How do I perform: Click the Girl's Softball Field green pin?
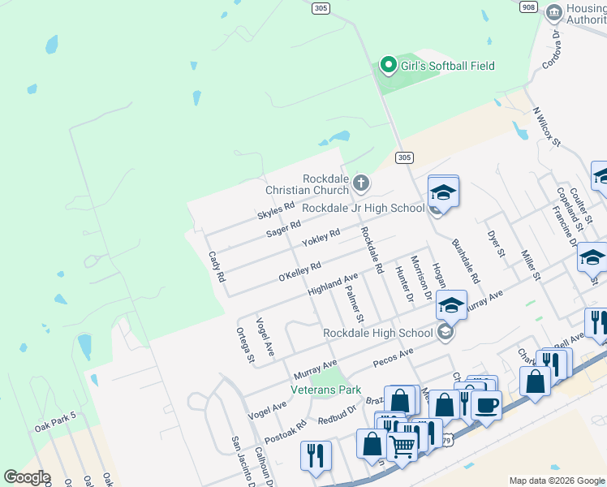click(x=389, y=65)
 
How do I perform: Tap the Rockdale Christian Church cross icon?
click(x=361, y=183)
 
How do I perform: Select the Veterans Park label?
click(x=331, y=390)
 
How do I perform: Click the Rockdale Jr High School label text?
click(x=363, y=208)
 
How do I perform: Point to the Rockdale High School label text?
click(x=377, y=332)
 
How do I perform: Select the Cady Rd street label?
click(x=217, y=265)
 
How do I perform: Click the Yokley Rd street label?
click(x=321, y=238)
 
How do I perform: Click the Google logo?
click(x=27, y=477)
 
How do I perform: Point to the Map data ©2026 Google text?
click(x=556, y=481)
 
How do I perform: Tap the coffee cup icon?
click(x=486, y=405)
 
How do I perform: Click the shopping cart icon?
click(x=403, y=445)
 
